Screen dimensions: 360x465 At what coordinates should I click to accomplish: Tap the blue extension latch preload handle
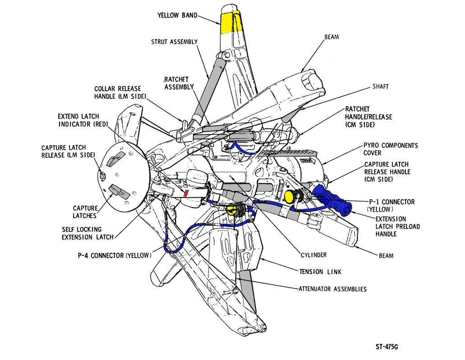coord(333,201)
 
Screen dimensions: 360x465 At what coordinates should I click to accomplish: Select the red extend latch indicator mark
coord(186,194)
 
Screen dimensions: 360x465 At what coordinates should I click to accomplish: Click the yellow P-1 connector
coord(289,196)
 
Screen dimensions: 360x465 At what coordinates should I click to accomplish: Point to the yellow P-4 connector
coord(231,209)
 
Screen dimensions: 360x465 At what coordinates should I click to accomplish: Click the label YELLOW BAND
coord(177,15)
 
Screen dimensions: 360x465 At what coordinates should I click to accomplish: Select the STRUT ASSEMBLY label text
coord(174,42)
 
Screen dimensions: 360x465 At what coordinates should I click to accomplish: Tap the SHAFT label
coord(380,86)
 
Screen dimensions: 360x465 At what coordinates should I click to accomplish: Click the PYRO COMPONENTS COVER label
coord(391,149)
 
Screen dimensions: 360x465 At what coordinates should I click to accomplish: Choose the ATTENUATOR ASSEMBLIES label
coord(333,289)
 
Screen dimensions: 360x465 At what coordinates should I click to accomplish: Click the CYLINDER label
coord(313,255)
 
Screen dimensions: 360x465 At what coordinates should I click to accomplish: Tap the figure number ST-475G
coord(387,347)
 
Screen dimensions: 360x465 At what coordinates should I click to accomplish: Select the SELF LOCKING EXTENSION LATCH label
coord(88,233)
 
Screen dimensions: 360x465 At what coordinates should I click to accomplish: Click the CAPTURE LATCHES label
coord(85,212)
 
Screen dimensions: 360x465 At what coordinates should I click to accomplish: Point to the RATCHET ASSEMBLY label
coord(179,83)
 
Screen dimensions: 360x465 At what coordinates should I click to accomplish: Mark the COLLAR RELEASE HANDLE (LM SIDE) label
coord(117,92)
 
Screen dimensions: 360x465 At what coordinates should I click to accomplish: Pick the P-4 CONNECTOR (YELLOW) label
coord(113,256)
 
